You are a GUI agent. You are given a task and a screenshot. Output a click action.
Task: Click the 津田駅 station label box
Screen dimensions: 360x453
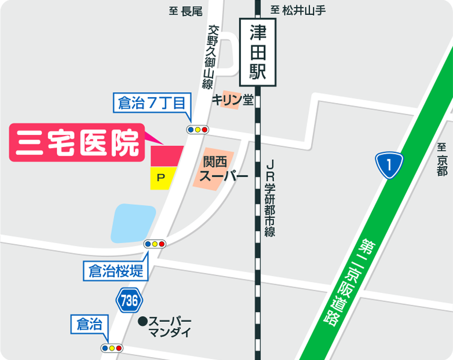point(258,50)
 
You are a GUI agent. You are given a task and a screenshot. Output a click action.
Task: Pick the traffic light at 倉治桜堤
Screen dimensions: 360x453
point(155,244)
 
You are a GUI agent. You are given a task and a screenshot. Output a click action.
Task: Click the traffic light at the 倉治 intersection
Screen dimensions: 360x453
point(112,348)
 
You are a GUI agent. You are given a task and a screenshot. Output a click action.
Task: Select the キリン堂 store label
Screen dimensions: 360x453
point(232,100)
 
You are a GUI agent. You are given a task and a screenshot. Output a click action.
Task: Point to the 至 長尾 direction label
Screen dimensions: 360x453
point(185,11)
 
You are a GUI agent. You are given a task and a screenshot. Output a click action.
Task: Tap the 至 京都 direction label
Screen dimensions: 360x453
point(443,159)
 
